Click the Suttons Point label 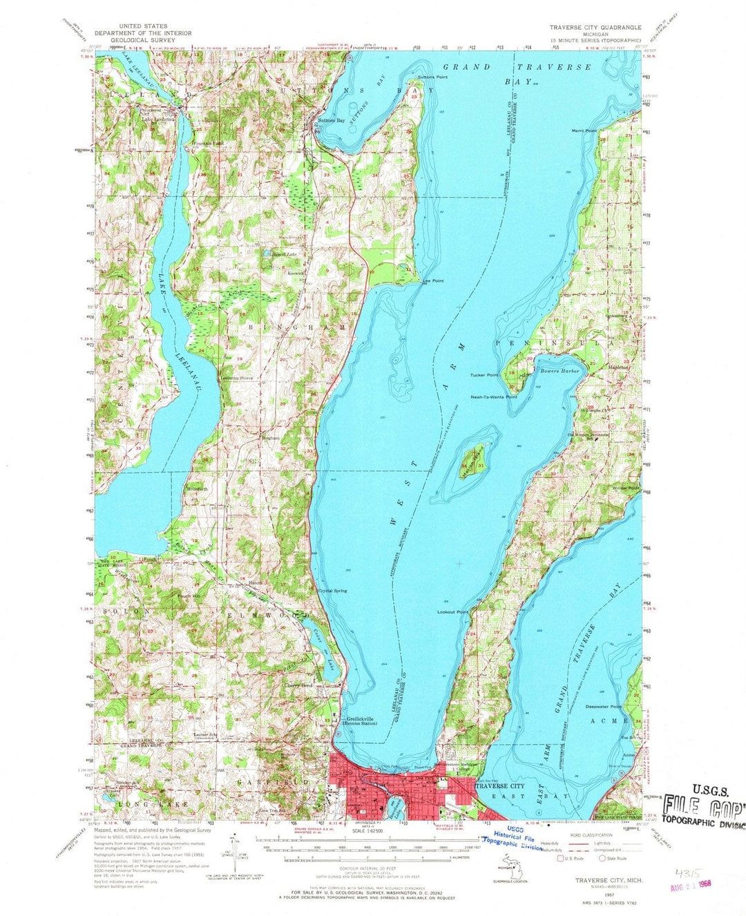[x=432, y=77]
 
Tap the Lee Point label [x=433, y=281]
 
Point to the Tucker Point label [x=484, y=375]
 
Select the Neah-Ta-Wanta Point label [x=493, y=397]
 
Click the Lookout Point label [x=452, y=612]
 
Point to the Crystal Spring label [x=332, y=591]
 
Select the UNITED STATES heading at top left [x=143, y=26]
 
